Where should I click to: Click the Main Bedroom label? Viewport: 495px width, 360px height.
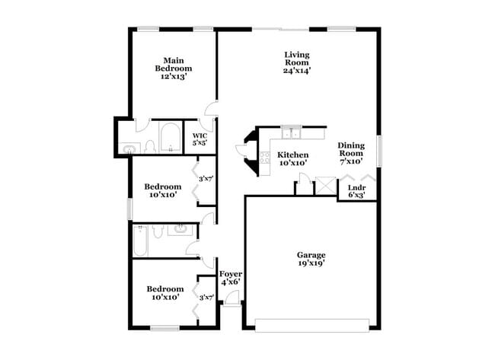[173, 68]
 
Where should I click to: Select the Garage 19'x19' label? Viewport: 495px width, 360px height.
[311, 260]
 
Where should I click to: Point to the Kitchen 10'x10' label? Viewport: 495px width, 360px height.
[292, 158]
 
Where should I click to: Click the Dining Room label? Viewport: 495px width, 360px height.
[351, 153]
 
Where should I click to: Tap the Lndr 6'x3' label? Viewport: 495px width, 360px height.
[356, 191]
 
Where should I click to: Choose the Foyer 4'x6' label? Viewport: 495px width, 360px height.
[230, 278]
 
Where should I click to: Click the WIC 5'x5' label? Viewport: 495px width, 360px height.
[200, 139]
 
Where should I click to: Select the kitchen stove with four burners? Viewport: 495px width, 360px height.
[265, 158]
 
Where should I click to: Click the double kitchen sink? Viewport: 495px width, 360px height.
[291, 134]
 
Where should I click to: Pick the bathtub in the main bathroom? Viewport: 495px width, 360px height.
[169, 139]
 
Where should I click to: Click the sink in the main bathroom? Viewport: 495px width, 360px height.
[129, 149]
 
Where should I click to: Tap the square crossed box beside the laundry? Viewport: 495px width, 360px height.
[325, 186]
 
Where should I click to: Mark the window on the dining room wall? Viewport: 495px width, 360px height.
[378, 149]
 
